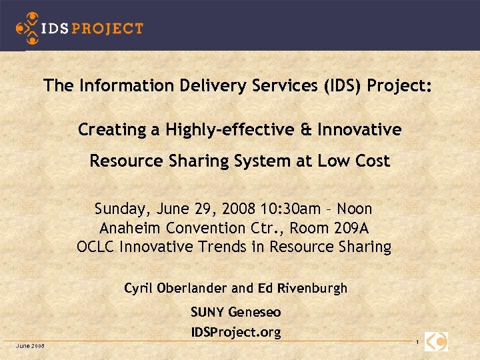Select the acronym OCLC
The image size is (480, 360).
[95, 247]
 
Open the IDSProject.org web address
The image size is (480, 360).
[235, 331]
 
